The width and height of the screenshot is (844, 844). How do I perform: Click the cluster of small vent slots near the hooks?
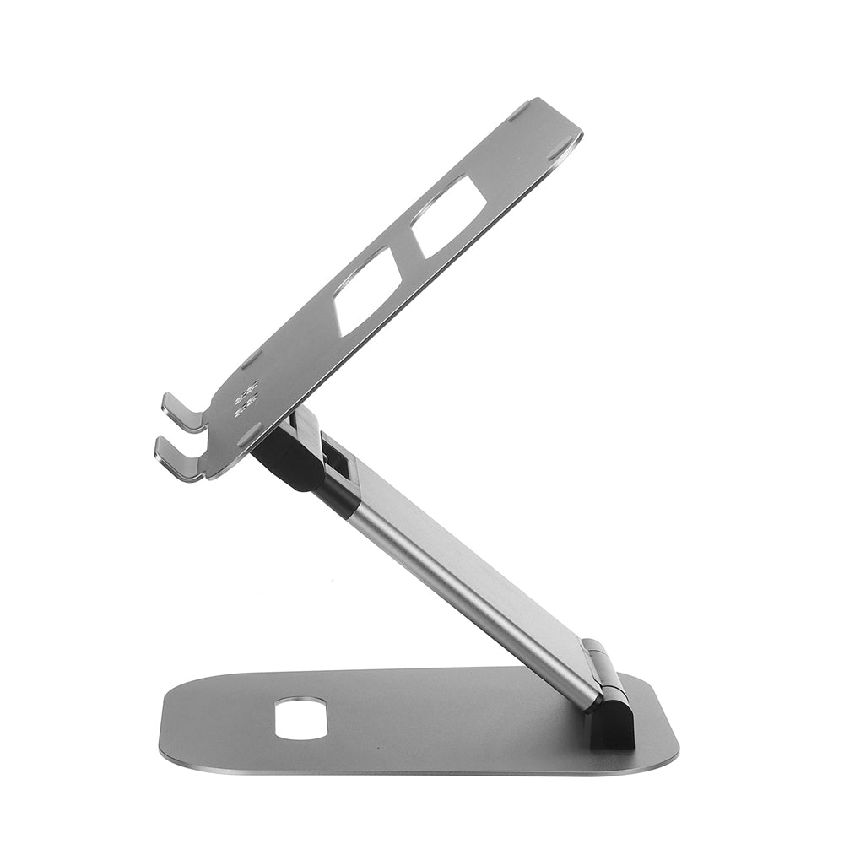246,400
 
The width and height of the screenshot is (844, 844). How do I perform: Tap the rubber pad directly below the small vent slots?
249,435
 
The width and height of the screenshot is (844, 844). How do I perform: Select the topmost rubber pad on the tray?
519,111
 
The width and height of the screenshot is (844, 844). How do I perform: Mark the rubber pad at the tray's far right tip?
560,151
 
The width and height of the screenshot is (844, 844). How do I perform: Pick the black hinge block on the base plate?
611,722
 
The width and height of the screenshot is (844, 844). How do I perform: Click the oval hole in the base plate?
302,717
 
